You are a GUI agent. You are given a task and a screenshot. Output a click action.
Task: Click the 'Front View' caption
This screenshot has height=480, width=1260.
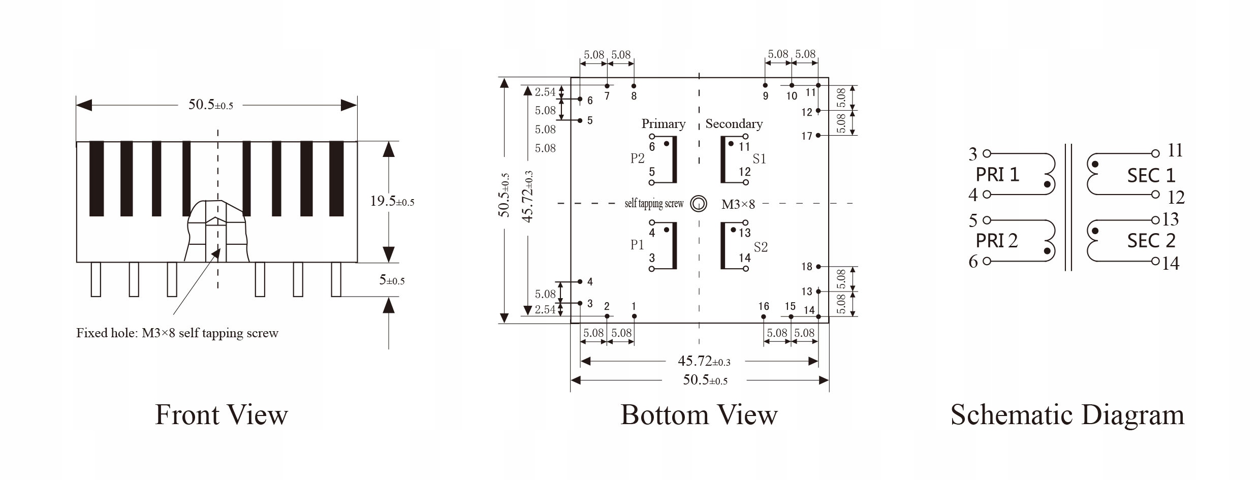pos(221,414)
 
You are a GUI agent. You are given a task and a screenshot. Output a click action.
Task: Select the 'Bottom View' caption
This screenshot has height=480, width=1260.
pos(699,414)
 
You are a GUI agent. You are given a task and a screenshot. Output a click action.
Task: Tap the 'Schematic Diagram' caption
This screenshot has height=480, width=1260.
pos(1067,414)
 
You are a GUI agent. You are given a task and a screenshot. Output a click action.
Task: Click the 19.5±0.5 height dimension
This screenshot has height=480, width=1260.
pos(392,201)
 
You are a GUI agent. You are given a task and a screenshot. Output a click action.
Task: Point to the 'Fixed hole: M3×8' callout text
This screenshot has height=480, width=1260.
pos(177,333)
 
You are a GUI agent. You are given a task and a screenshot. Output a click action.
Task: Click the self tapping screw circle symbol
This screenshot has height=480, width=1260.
pos(699,204)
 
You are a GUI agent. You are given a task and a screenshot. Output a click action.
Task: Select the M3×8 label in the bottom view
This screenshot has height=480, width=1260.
pos(738,204)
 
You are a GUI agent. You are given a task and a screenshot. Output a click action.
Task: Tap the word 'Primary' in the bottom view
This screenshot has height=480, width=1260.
pos(663,123)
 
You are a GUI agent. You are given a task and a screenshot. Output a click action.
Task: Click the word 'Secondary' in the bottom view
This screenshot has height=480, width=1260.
pos(734,123)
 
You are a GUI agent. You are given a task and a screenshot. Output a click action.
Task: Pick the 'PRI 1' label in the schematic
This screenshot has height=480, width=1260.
pos(997,175)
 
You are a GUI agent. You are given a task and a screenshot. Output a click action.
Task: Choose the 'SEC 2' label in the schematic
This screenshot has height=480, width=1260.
pos(1151,240)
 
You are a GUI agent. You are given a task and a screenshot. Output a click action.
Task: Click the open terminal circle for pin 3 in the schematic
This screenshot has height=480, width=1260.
pos(987,153)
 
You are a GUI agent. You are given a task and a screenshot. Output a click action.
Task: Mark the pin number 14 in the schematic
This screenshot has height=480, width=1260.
pos(1171,263)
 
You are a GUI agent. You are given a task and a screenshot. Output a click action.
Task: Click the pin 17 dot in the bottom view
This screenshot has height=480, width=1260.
pos(818,136)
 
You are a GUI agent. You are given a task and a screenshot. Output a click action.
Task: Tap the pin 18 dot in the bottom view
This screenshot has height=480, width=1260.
pos(818,267)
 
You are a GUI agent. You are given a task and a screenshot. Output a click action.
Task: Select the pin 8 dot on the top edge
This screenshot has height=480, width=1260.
pos(634,86)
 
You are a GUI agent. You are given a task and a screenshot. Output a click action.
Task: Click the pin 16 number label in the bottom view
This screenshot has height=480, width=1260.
pos(763,306)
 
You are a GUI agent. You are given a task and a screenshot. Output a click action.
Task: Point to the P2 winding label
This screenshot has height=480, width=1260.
pos(637,158)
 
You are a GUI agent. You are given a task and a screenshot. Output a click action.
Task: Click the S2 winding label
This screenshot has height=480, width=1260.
pos(761,247)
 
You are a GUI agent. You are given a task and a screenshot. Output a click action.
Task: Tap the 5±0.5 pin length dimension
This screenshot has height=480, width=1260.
pos(392,280)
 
